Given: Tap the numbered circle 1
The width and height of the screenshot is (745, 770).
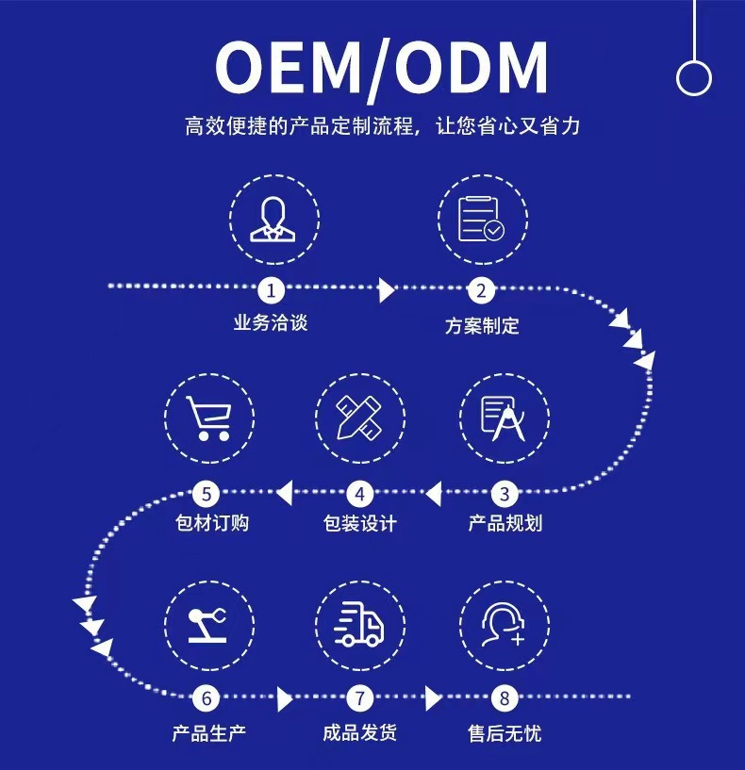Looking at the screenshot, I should tap(272, 289).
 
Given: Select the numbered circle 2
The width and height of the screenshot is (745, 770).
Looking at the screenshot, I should tap(481, 290).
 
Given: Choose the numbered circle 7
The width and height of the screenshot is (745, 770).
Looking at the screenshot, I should tap(359, 698).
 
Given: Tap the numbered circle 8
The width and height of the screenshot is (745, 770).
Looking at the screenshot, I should tap(505, 698).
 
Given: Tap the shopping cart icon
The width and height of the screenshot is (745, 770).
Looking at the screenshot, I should tap(209, 418).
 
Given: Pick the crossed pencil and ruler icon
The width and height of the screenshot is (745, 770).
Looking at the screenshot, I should tap(359, 418).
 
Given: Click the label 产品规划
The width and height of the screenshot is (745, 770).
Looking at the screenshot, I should tap(505, 523).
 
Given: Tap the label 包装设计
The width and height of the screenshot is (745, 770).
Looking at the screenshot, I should tap(359, 523).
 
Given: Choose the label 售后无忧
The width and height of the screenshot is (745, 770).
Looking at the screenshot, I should tap(505, 732).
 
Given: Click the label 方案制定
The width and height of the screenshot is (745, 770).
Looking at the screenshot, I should tap(482, 326).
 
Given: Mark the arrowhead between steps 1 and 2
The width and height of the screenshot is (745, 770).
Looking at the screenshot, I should tap(386, 289).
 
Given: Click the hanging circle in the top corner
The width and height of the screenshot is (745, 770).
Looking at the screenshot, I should tap(693, 77).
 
